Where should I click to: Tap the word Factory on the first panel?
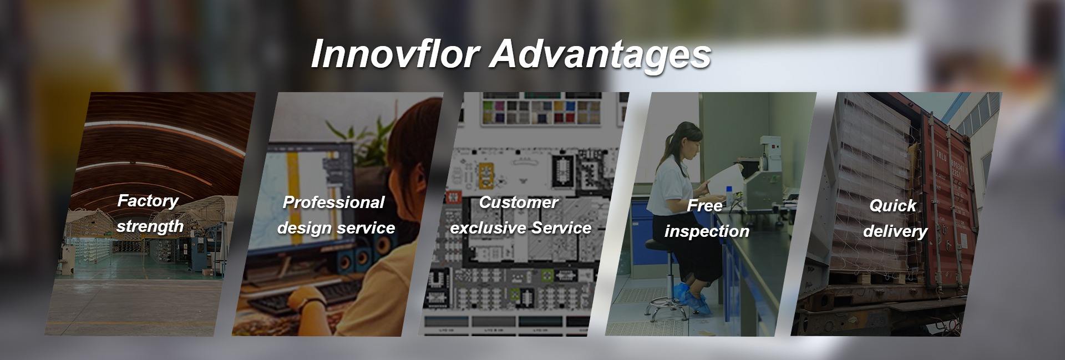click(148, 201)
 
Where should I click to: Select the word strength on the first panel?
click(150, 226)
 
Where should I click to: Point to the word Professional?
click(333, 202)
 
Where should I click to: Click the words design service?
click(336, 228)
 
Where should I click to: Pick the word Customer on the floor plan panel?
click(518, 202)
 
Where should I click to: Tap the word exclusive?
click(488, 228)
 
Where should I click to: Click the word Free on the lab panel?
click(704, 206)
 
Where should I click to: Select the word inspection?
click(707, 231)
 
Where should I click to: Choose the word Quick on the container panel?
click(892, 206)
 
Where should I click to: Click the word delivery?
click(895, 231)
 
